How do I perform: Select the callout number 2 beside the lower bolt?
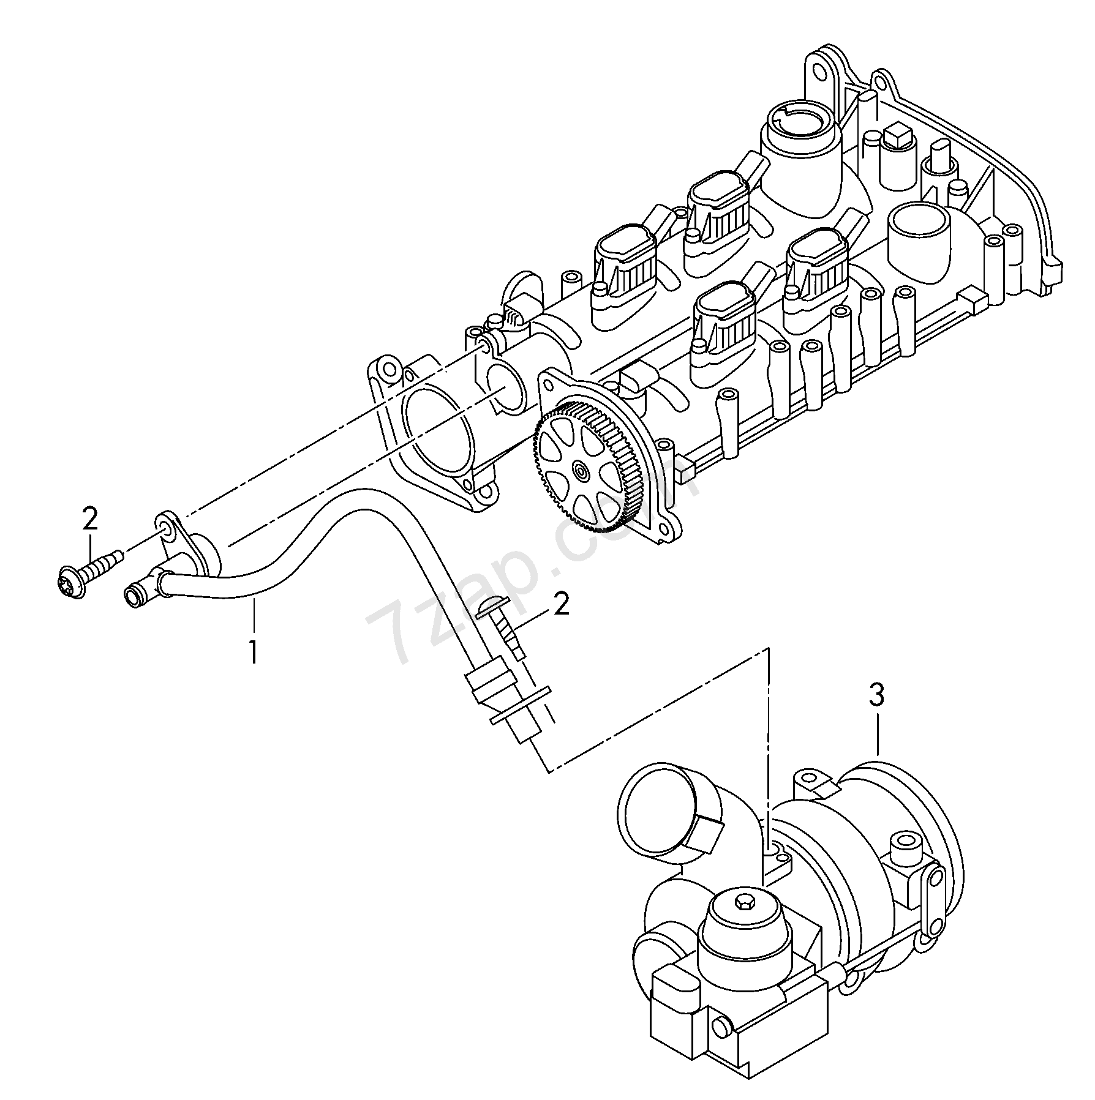click(561, 604)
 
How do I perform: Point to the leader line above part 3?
click(878, 732)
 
